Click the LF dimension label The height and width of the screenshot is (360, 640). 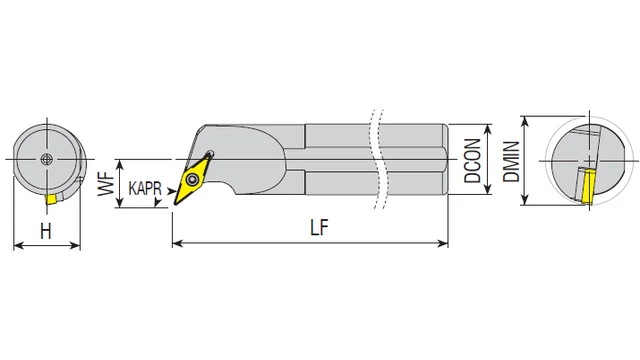coord(319,227)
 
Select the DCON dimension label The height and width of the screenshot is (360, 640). coord(473,160)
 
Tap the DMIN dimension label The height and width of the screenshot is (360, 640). coord(511,161)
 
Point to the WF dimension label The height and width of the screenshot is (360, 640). coord(106,184)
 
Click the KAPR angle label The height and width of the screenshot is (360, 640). coord(145,189)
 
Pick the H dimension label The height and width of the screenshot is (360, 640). coord(46,231)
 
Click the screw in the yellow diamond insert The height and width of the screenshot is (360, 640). coord(191,179)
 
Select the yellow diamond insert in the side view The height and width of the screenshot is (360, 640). coord(193,178)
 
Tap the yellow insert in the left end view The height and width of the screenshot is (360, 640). coord(51,200)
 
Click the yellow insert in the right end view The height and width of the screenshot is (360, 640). coord(587,187)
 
